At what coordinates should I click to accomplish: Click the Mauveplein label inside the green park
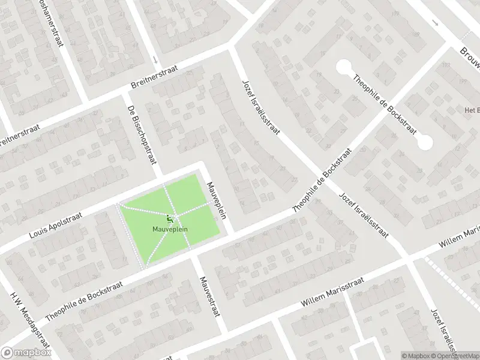tap(169, 229)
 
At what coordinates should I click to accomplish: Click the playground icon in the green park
tap(169, 218)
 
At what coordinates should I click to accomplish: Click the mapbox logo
tap(25, 353)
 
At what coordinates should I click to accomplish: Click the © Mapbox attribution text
tap(415, 356)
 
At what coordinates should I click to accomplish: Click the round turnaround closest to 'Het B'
tap(425, 142)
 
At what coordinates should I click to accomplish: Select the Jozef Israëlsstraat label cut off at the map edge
tap(444, 331)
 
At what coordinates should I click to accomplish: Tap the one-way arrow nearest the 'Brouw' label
tap(435, 24)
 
